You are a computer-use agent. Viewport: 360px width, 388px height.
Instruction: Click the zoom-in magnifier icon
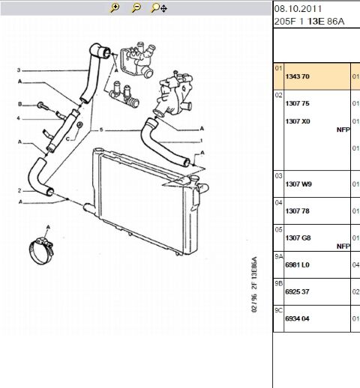(115, 7)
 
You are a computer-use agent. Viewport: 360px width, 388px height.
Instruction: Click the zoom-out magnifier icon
(136, 7)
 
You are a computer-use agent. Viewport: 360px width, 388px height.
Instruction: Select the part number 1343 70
(298, 76)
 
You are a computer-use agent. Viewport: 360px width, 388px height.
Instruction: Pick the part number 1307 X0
(298, 121)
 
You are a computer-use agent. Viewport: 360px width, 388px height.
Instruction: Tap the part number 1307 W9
(298, 184)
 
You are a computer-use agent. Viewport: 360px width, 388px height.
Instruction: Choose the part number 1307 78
(298, 211)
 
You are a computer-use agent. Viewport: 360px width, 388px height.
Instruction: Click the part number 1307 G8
(298, 238)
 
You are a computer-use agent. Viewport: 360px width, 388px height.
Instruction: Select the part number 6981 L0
(298, 265)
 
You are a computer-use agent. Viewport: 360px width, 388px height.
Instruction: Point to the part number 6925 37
(298, 292)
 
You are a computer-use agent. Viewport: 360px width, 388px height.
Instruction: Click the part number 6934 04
(298, 319)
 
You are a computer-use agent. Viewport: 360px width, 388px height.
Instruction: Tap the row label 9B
(278, 284)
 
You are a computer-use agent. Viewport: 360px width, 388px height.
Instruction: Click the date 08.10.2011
(298, 9)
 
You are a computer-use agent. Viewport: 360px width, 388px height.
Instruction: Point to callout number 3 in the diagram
(19, 70)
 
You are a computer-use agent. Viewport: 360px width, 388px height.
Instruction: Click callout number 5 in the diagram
(101, 130)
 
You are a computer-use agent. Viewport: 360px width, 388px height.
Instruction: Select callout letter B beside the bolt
(20, 104)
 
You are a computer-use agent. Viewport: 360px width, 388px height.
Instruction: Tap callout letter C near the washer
(67, 139)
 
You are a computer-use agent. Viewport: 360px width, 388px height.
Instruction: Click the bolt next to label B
(43, 106)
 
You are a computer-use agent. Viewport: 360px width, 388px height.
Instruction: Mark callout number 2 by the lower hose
(19, 191)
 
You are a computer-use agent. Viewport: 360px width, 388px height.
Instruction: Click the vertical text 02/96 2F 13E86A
(254, 285)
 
